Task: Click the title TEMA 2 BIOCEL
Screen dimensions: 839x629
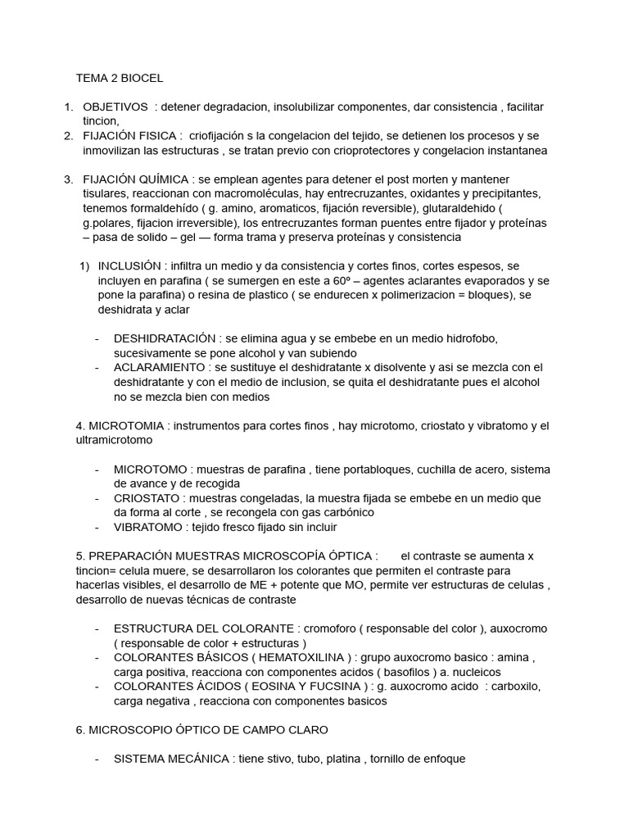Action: point(120,79)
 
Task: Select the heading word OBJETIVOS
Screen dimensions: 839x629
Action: point(115,107)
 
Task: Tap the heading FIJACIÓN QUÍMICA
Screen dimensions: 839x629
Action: point(135,179)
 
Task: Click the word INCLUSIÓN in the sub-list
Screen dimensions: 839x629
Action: point(132,266)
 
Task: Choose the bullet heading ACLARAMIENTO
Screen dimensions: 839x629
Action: point(159,367)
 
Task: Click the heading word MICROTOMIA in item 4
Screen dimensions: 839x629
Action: point(127,426)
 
